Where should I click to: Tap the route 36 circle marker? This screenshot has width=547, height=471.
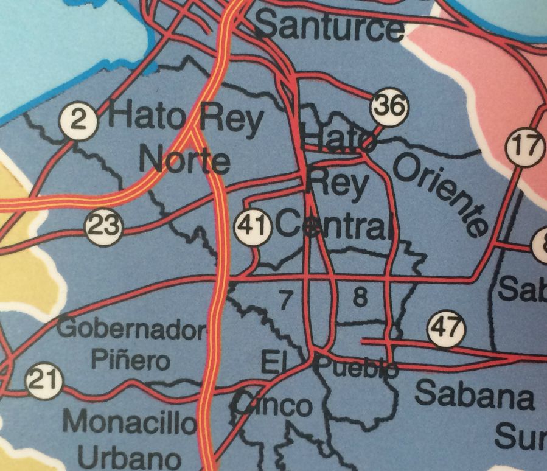(x=389, y=106)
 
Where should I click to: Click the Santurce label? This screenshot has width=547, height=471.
(x=329, y=26)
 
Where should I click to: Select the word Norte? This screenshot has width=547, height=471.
(x=185, y=161)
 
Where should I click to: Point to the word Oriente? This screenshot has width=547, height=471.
(x=442, y=194)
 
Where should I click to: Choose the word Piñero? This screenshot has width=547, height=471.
(x=130, y=360)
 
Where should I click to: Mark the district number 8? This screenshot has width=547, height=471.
(x=360, y=298)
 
